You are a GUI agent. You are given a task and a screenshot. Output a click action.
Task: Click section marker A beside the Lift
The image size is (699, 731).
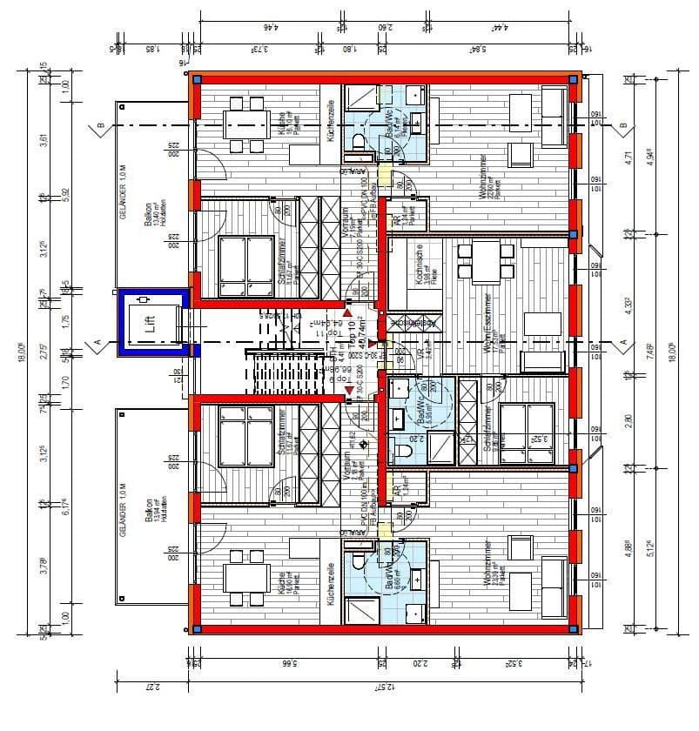click(98, 342)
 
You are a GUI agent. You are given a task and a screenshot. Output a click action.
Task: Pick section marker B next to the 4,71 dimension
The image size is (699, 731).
click(622, 128)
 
